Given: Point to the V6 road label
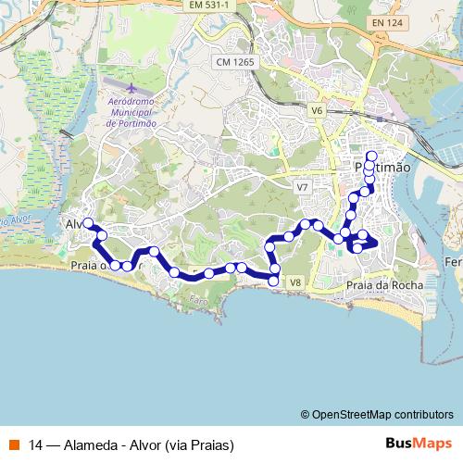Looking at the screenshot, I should pyautogui.click(x=317, y=110).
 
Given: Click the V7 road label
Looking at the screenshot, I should pyautogui.click(x=301, y=187).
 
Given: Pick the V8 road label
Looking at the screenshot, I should pyautogui.click(x=295, y=282).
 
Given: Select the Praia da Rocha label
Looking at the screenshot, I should pyautogui.click(x=383, y=285).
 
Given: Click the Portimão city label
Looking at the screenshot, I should pyautogui.click(x=382, y=168).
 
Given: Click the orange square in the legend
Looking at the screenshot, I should pyautogui.click(x=15, y=444).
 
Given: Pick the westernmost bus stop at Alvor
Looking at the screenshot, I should pyautogui.click(x=88, y=223).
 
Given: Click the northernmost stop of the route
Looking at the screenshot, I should pyautogui.click(x=371, y=156).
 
